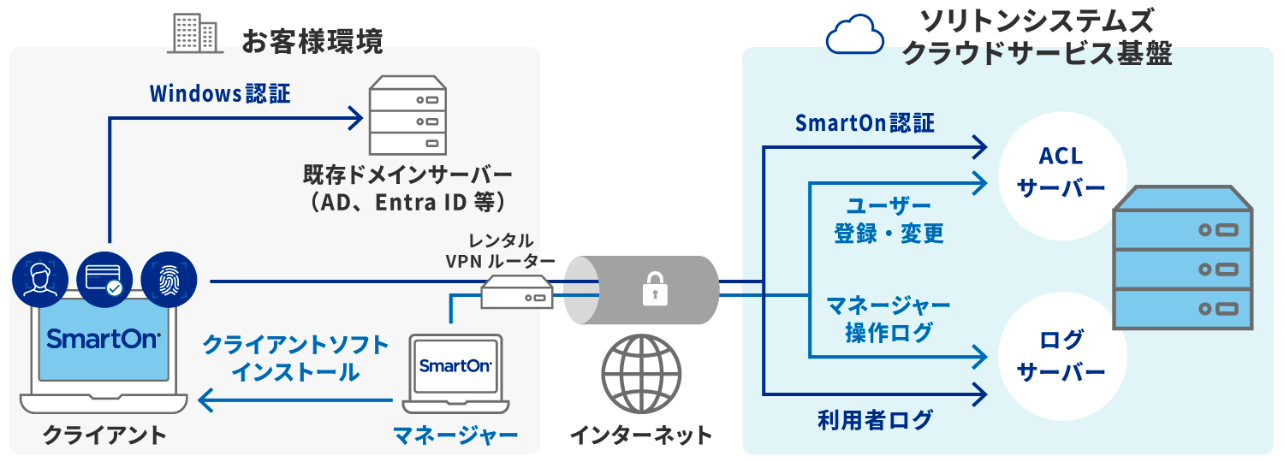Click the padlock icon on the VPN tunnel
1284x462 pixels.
[655, 289]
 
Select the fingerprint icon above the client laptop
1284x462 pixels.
[169, 280]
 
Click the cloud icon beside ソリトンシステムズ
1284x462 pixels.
[854, 37]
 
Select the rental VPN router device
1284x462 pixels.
[516, 291]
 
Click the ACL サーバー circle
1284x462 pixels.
[1061, 172]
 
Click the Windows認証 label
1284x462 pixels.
[220, 93]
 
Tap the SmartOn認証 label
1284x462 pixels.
[865, 123]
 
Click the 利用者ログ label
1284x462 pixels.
[874, 420]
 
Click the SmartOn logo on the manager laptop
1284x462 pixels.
[455, 365]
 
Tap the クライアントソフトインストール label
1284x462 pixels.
[295, 358]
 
